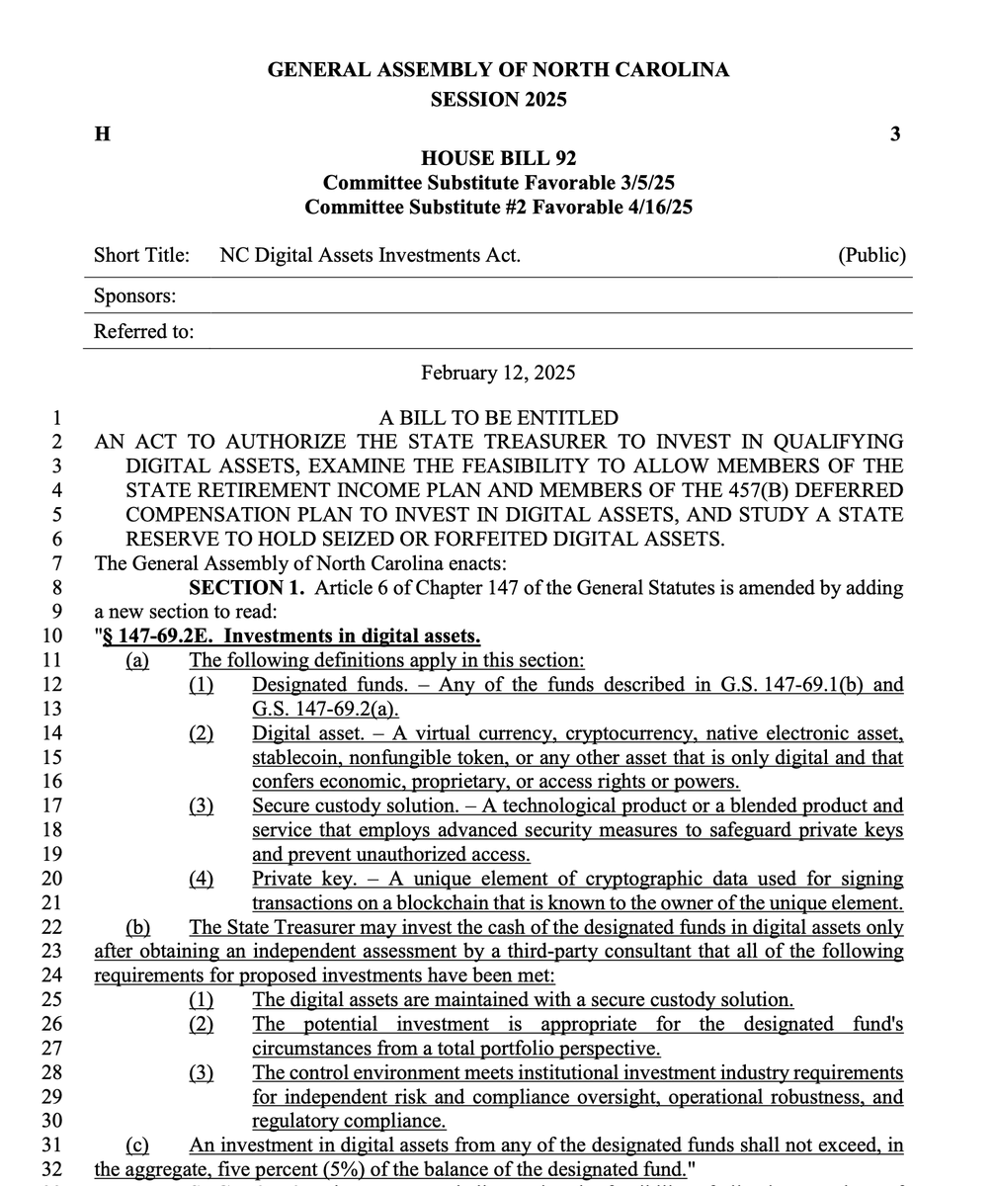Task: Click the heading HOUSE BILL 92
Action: point(498,158)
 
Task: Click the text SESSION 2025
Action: point(498,99)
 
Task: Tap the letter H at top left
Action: point(101,134)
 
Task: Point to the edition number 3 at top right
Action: point(894,134)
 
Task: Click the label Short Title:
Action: point(141,256)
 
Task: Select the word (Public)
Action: point(871,256)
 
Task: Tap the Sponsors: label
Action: point(135,296)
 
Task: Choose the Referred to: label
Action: point(143,332)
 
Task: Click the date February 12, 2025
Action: point(498,373)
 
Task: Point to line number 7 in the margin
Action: point(56,564)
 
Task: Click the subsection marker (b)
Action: point(137,927)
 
